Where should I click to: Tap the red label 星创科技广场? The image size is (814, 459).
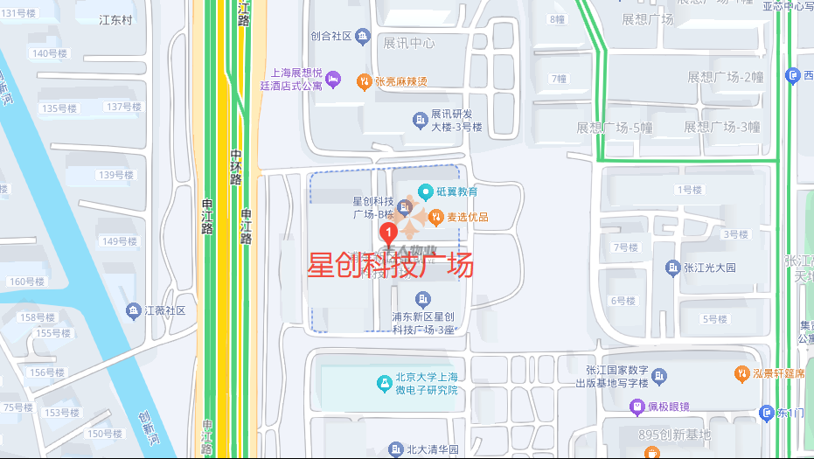(390, 265)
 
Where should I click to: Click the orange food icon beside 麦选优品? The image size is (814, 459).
(435, 217)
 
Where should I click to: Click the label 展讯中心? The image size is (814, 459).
(408, 43)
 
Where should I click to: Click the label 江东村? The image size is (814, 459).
(115, 20)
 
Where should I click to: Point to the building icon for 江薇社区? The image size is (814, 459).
(133, 310)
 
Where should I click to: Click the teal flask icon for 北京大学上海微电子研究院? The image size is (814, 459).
(383, 383)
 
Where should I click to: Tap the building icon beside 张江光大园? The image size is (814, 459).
(672, 268)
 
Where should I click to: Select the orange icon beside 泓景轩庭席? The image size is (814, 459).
(741, 373)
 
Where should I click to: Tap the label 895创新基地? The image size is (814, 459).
(674, 435)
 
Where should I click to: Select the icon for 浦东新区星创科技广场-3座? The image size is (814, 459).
(423, 300)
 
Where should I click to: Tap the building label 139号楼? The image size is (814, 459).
(115, 175)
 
